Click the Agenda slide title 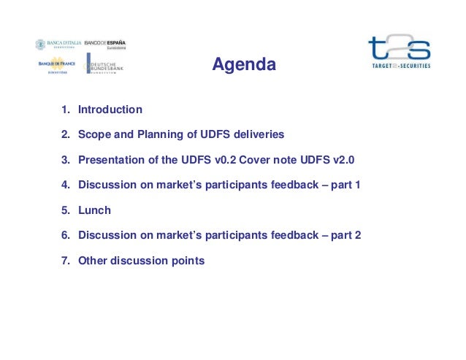(x=244, y=66)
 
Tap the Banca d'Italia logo (x=58, y=45)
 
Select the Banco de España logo (x=106, y=45)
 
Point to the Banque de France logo (x=58, y=64)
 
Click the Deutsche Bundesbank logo (x=106, y=64)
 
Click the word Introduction (x=110, y=110)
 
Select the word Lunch (x=94, y=210)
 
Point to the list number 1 (x=64, y=110)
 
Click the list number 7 (x=64, y=261)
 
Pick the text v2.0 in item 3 (x=340, y=161)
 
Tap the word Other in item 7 (x=93, y=261)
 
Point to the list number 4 (x=64, y=185)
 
